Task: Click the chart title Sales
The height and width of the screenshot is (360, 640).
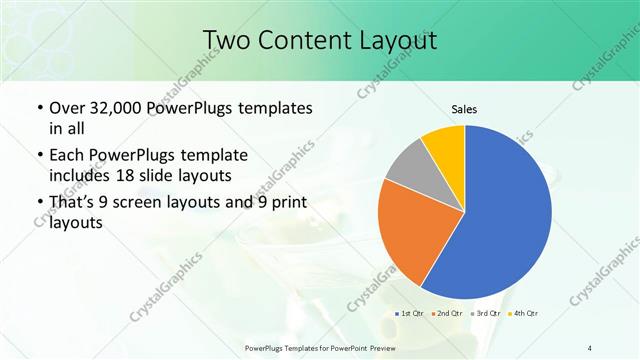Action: pyautogui.click(x=464, y=108)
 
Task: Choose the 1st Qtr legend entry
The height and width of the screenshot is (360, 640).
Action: pyautogui.click(x=410, y=313)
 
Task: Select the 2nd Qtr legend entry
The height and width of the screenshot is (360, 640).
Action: pyautogui.click(x=447, y=313)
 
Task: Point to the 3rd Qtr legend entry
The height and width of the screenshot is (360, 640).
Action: pyautogui.click(x=484, y=313)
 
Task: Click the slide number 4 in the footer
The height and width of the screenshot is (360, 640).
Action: pyautogui.click(x=589, y=348)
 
